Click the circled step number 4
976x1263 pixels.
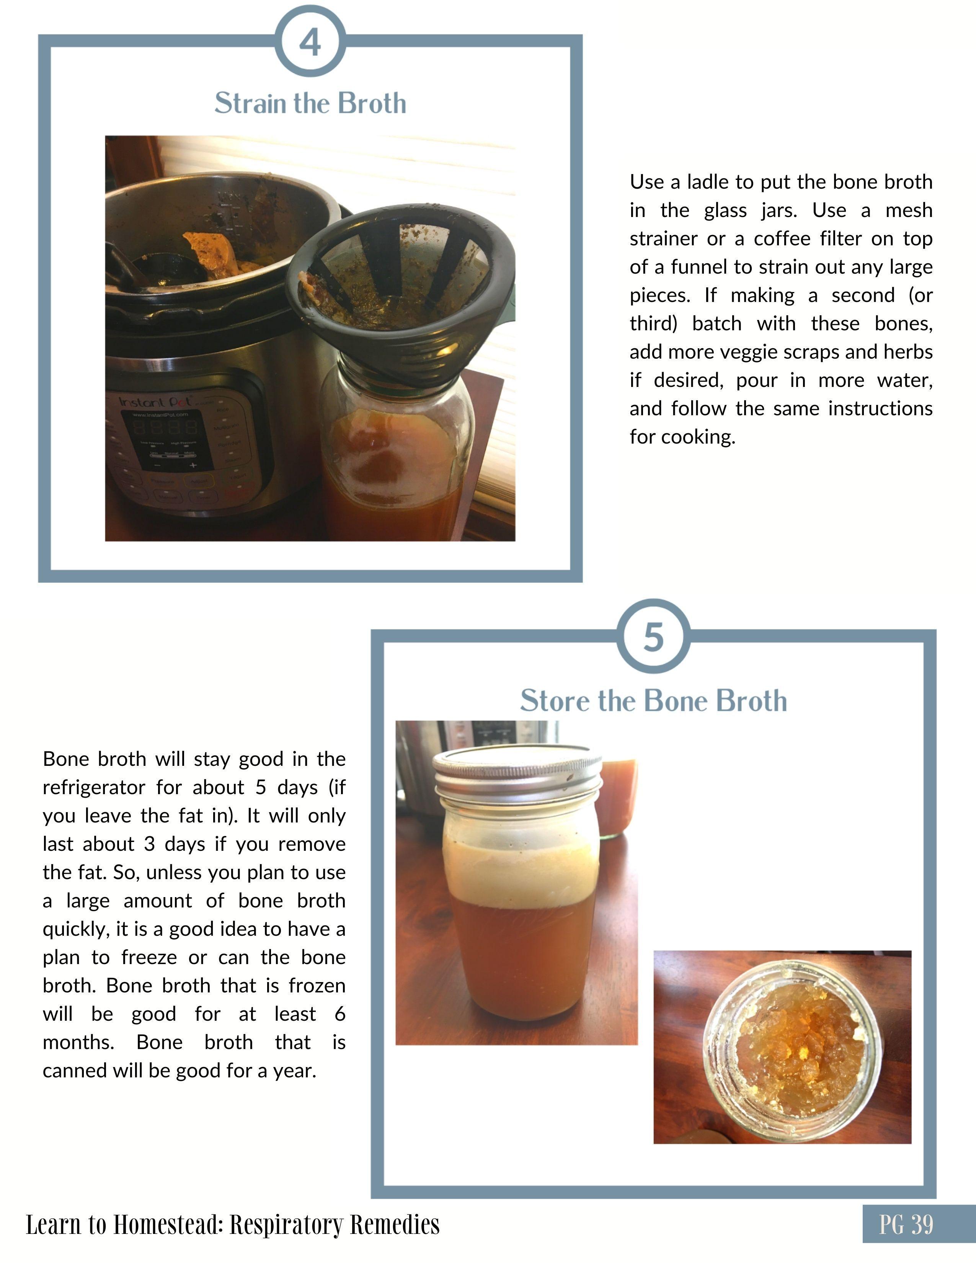click(310, 42)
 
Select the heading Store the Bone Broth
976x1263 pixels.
click(653, 700)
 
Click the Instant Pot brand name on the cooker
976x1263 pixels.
click(157, 401)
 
